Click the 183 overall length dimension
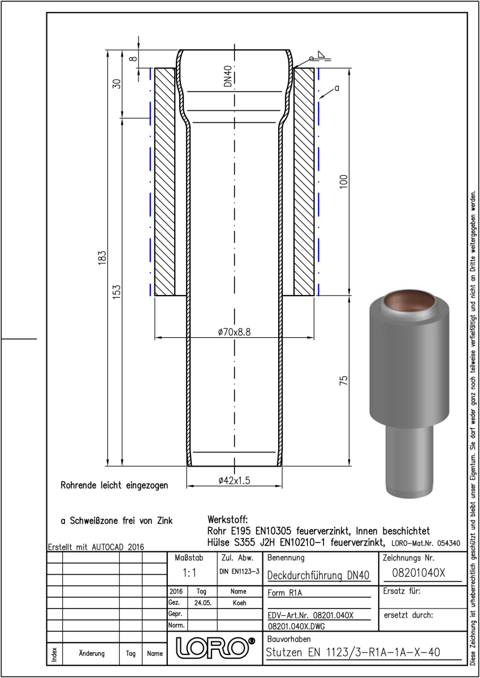click(102, 258)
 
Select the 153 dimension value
click(117, 292)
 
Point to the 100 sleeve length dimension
click(344, 181)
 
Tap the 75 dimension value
click(344, 380)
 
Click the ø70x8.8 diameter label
click(235, 332)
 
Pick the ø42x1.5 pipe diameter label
click(235, 480)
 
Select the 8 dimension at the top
click(133, 58)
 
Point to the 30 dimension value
click(117, 84)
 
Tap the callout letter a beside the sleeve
click(337, 88)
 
